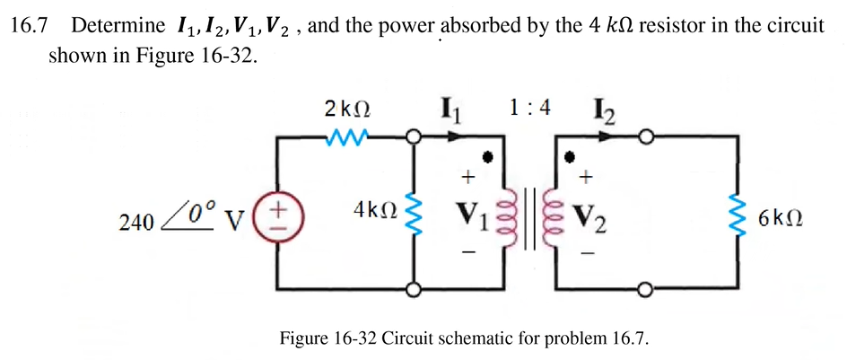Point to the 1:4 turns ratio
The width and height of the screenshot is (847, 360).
tap(528, 108)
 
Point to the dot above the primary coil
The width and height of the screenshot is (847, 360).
tap(487, 158)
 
